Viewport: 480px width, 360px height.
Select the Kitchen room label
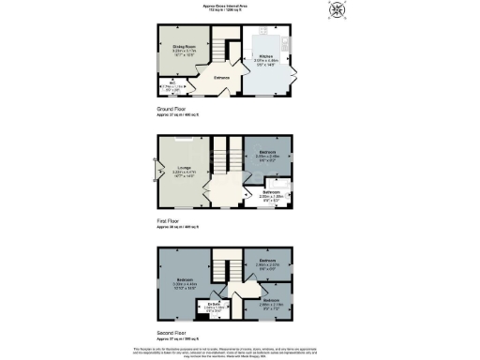[x=266, y=57]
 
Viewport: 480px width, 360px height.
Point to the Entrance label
[x=222, y=78]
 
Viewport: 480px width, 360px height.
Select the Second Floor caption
[x=173, y=333]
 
